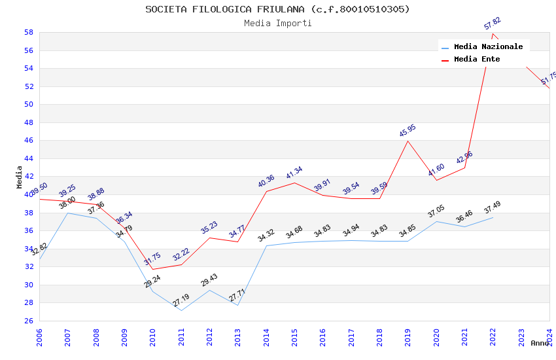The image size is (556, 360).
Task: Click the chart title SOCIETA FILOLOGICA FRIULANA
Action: (x=277, y=9)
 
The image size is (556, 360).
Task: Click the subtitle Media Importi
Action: (x=277, y=23)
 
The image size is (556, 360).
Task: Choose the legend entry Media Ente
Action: (x=477, y=59)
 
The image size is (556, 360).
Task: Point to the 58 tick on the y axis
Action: (x=29, y=32)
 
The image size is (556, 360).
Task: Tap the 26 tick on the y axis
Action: (x=29, y=321)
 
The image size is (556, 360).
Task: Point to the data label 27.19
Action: (x=181, y=300)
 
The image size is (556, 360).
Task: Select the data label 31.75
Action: (x=152, y=259)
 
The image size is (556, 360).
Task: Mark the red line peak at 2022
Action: (x=493, y=33)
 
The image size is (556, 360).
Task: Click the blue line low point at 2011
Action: (x=181, y=310)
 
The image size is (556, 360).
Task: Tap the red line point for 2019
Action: (x=408, y=141)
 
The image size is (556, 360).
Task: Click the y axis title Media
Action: (x=20, y=177)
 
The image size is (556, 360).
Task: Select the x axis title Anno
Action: (x=540, y=343)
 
